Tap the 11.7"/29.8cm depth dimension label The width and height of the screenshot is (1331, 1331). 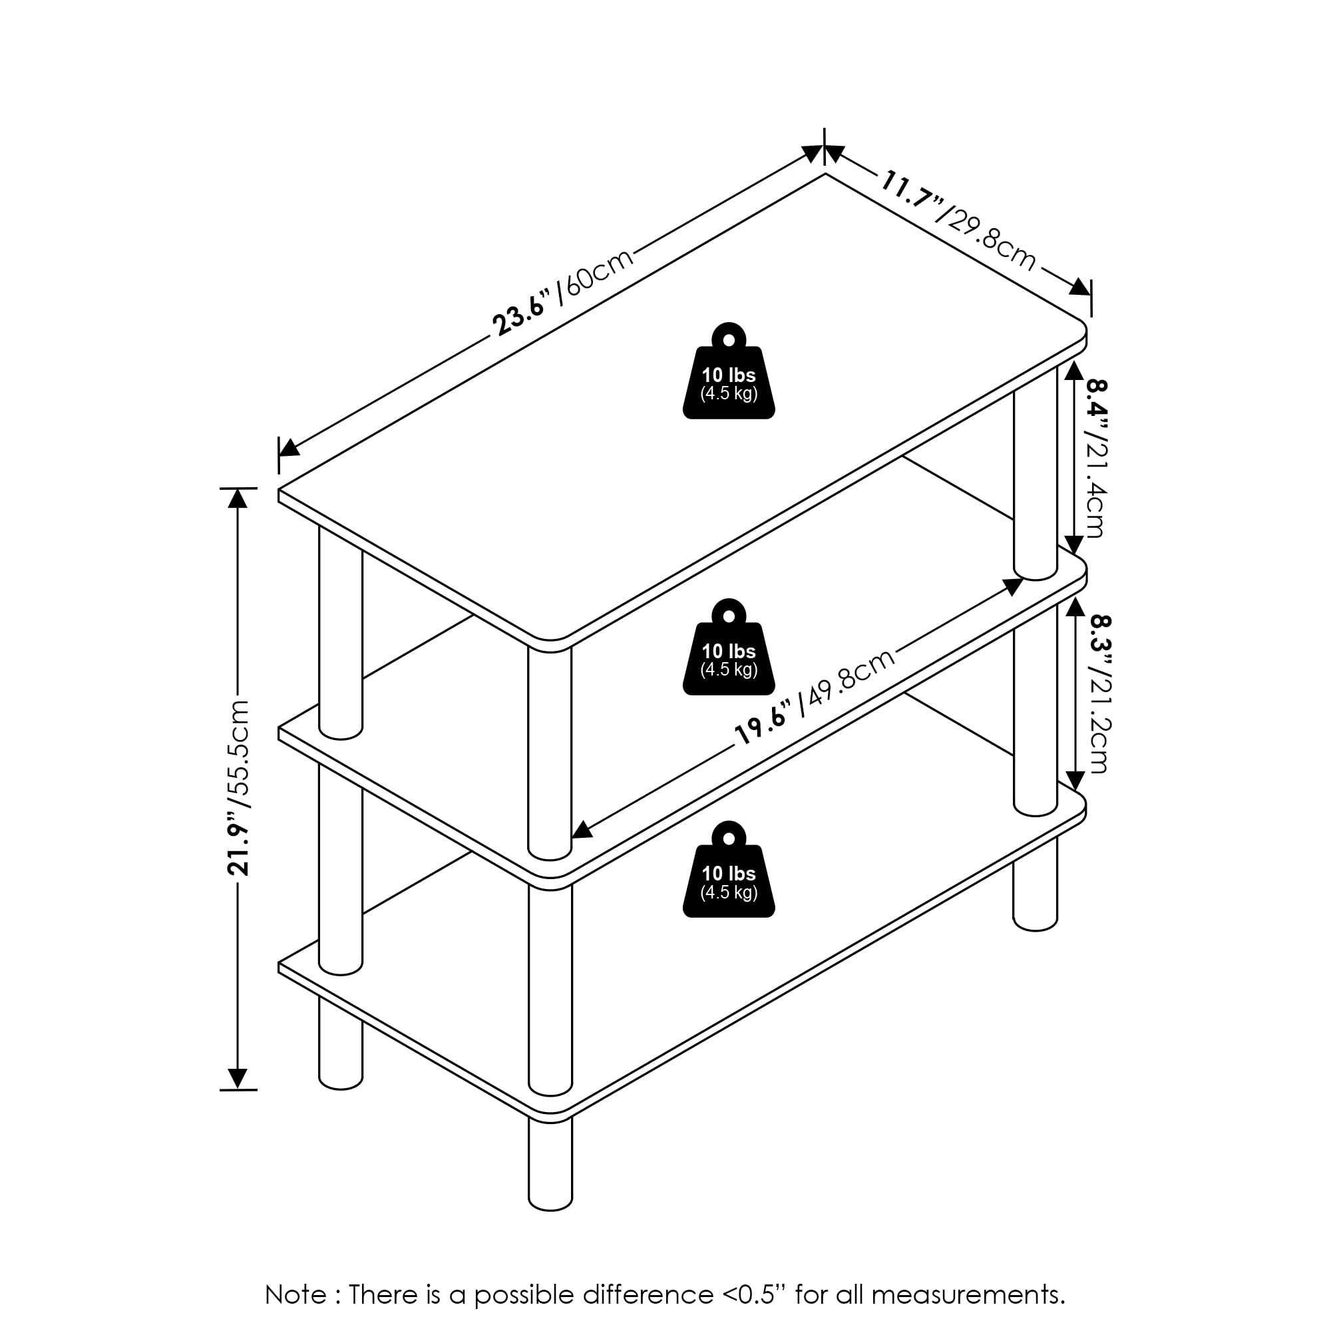tap(958, 220)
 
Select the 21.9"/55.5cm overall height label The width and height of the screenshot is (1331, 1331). tap(238, 787)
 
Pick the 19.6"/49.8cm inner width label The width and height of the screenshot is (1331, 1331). tap(816, 697)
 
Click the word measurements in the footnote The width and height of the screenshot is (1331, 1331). tap(967, 1294)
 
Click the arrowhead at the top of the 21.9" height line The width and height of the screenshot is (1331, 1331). tap(238, 498)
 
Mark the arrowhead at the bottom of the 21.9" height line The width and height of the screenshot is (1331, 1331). tap(238, 1079)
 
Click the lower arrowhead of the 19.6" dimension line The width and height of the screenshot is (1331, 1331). tap(582, 829)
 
